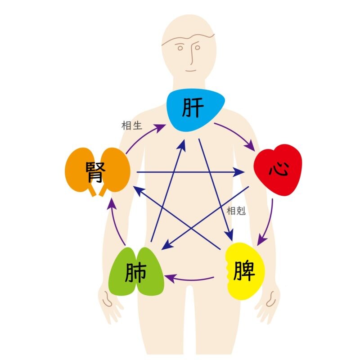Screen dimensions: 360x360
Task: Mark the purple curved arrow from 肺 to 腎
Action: click(116, 225)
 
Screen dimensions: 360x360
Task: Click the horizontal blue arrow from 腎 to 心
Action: click(189, 172)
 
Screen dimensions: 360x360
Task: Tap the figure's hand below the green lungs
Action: click(111, 306)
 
